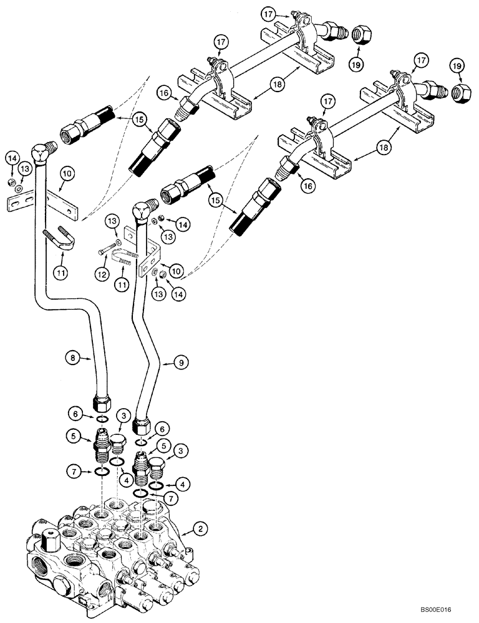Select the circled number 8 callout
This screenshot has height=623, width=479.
(x=74, y=357)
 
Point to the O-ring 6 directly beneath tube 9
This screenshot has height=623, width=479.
(x=142, y=443)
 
